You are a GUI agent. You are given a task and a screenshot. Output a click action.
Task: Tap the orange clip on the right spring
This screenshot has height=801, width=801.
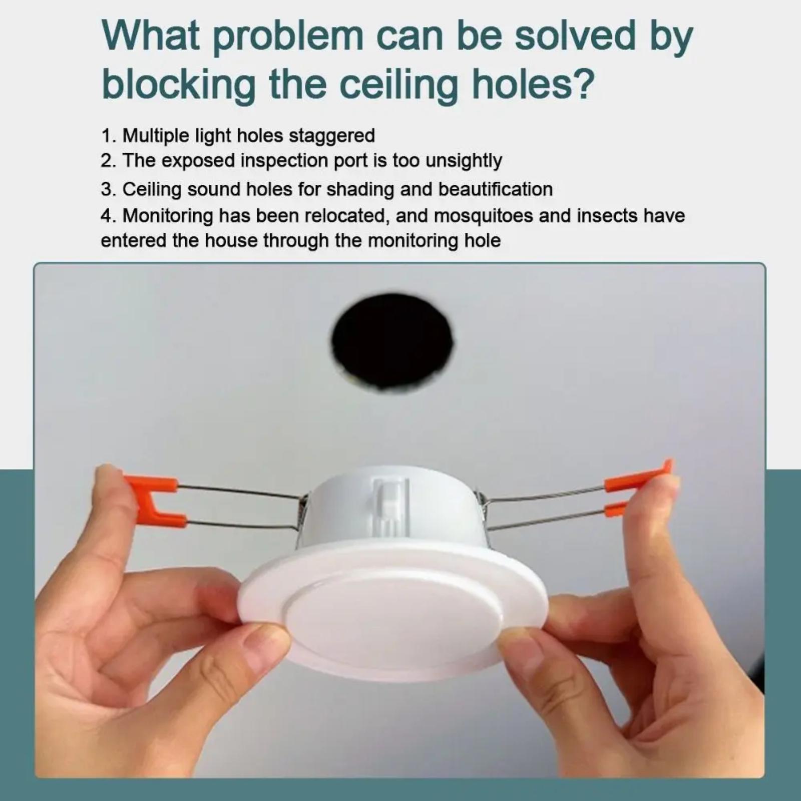point(636,488)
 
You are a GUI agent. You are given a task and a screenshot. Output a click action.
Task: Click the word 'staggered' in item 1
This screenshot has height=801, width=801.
point(332,136)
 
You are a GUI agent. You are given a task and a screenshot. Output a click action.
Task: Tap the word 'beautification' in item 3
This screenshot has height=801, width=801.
point(496,189)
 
